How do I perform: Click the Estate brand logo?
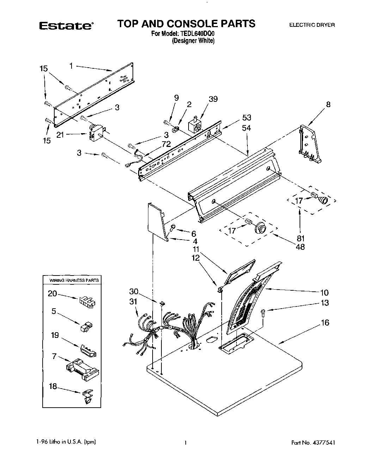[66, 25]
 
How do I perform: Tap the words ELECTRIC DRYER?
[312, 25]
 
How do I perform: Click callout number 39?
[213, 99]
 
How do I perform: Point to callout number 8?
[328, 104]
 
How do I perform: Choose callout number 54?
[246, 128]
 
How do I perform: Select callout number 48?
[301, 247]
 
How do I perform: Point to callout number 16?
[325, 323]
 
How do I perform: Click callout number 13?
[325, 303]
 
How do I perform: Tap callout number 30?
[134, 292]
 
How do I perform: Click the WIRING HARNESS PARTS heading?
[74, 280]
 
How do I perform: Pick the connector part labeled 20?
[87, 302]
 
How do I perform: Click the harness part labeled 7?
[83, 371]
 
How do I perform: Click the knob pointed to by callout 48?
[261, 228]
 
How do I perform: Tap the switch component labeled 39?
[195, 125]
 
